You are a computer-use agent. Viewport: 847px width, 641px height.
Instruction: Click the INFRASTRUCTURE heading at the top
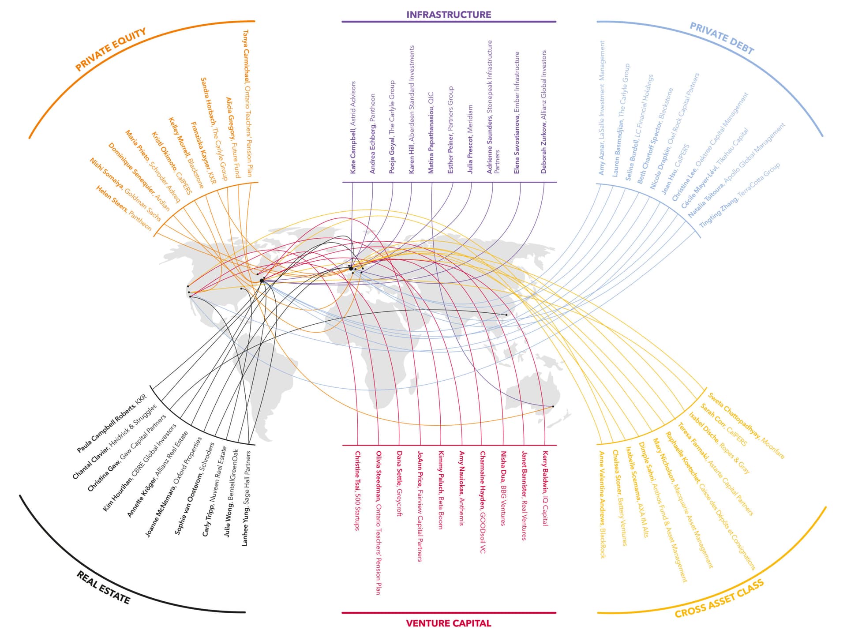(x=448, y=15)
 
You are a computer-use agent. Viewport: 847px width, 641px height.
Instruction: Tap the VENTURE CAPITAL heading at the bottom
(x=448, y=623)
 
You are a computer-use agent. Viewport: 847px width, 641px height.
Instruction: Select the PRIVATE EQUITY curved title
(x=110, y=49)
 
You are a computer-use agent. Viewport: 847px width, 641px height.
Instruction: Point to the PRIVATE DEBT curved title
(x=722, y=38)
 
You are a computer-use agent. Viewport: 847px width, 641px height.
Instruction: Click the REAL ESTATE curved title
(x=103, y=587)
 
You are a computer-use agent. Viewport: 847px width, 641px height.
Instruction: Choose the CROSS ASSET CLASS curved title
(x=719, y=599)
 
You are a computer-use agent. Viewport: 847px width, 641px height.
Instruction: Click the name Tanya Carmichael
(x=246, y=56)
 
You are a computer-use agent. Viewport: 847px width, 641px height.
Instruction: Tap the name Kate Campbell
(x=353, y=151)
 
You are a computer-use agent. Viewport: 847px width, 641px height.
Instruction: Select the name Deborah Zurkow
(x=543, y=147)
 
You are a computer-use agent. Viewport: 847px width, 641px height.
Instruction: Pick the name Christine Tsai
(x=358, y=471)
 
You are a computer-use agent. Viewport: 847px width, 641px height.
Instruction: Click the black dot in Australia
(x=553, y=406)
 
